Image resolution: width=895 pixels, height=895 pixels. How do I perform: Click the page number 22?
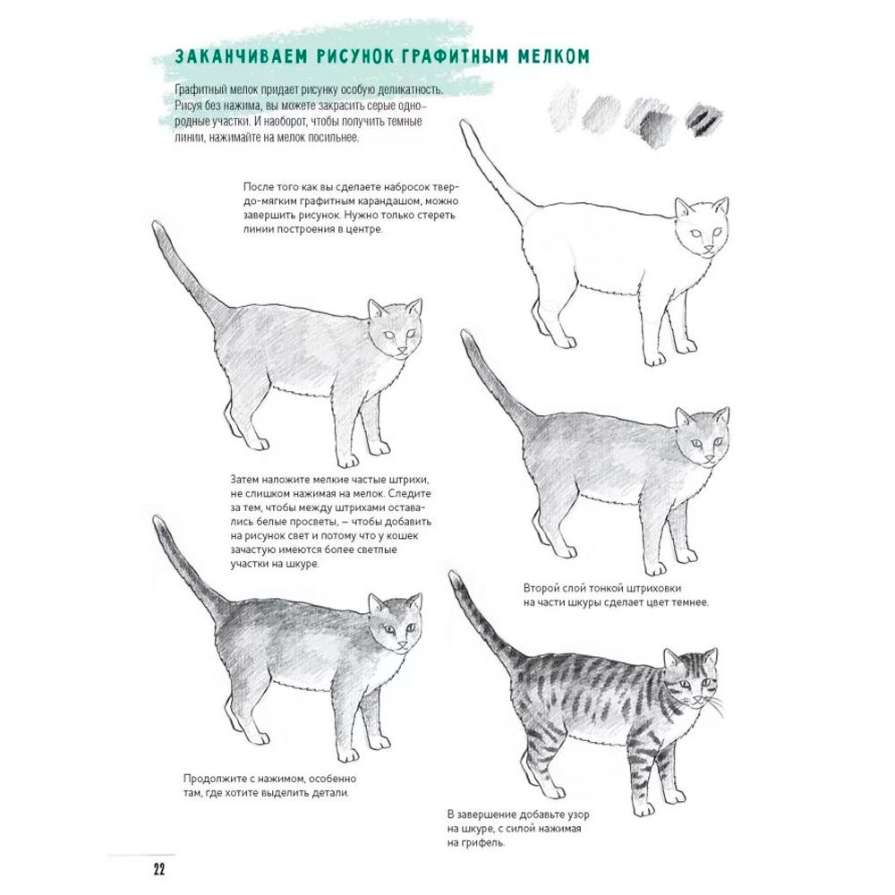[x=158, y=869]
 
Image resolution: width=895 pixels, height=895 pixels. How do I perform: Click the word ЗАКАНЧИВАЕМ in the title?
[x=240, y=56]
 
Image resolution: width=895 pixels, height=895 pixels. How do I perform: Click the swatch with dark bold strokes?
[x=705, y=120]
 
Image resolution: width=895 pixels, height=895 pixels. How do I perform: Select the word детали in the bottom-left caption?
[x=330, y=793]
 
